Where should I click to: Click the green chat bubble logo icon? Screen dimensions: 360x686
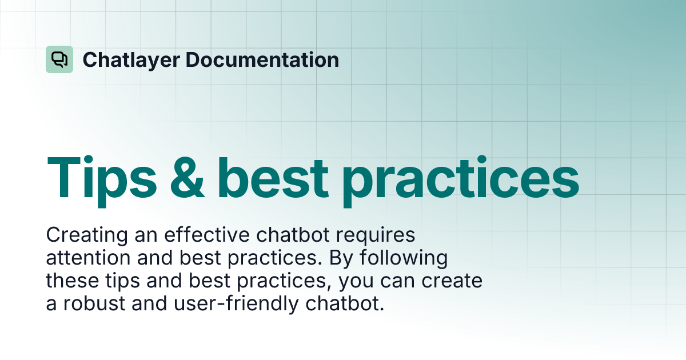[59, 59]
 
